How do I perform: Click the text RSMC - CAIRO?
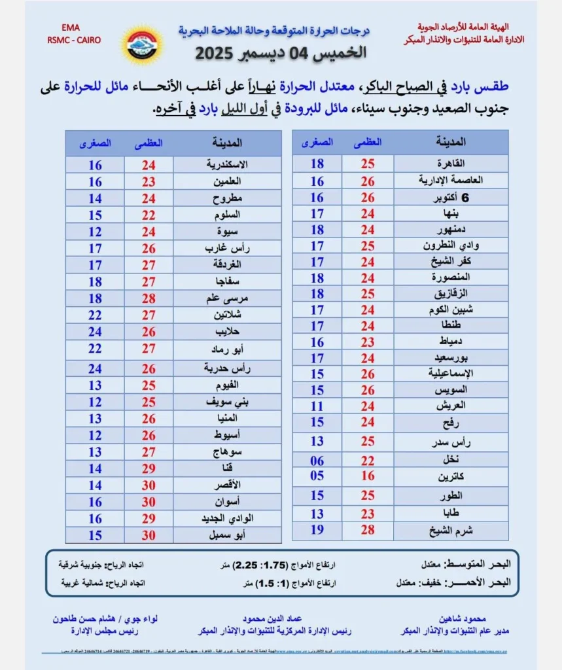point(74,39)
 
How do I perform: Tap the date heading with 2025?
point(281,53)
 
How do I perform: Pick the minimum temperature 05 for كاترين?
point(317,476)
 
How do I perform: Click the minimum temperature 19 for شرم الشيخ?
point(317,529)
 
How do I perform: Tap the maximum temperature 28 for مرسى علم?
point(149,298)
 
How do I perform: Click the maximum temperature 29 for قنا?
point(149,468)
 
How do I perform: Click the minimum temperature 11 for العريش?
point(317,406)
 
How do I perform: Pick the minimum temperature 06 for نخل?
point(317,461)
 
